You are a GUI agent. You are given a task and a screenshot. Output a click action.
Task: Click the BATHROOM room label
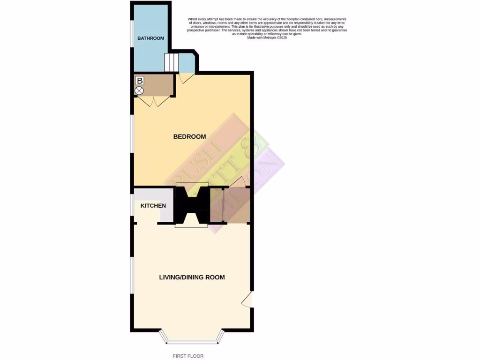point(150,38)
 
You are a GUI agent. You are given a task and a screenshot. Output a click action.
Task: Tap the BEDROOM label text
point(189,137)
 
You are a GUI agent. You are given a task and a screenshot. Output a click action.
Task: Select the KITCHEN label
point(153,206)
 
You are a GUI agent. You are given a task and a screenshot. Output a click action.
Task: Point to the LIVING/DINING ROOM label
point(192,277)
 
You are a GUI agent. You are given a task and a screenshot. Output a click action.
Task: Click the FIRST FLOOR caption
point(188,356)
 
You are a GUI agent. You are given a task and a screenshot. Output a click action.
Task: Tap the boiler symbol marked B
point(139,81)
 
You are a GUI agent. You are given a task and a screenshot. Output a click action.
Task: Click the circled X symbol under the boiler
point(139,90)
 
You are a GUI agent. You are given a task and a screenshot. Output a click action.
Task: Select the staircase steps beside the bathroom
point(171,62)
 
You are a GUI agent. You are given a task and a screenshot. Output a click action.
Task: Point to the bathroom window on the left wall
point(132,33)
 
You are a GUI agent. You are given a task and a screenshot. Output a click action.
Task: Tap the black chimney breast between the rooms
point(191,204)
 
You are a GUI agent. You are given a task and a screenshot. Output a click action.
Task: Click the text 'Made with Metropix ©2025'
point(267,37)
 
